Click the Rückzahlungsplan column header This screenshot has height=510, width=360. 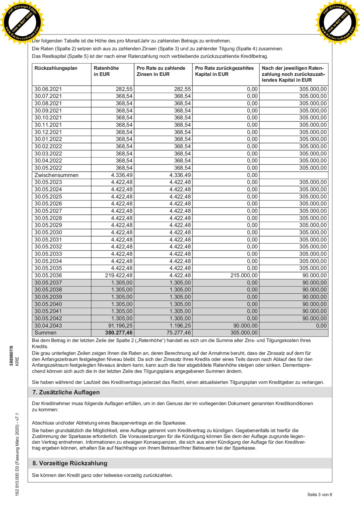coord(56,68)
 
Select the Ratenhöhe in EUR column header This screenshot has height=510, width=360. coord(106,71)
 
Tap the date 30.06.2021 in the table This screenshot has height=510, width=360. coord(48,89)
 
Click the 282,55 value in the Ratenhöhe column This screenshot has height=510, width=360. coord(124,89)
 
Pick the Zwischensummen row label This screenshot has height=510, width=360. coord(56,175)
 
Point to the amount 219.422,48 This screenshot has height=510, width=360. coord(119,275)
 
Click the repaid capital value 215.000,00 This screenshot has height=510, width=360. coord(244,275)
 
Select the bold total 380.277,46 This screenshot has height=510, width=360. coord(119,333)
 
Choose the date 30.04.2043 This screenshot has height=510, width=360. coord(48,325)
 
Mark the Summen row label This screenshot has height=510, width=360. coord(45,333)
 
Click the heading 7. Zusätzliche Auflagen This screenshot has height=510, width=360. coord(66,392)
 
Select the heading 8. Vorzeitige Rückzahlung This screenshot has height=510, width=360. coord(70,463)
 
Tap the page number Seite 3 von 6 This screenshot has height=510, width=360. coord(320,495)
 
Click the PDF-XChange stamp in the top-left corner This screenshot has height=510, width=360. coord(22,22)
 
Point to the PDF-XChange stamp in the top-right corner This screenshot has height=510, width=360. coord(338,22)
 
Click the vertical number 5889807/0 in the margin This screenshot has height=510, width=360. coord(11,355)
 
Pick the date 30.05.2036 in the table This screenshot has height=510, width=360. coord(48,275)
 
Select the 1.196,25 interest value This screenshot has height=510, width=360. coord(180,325)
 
